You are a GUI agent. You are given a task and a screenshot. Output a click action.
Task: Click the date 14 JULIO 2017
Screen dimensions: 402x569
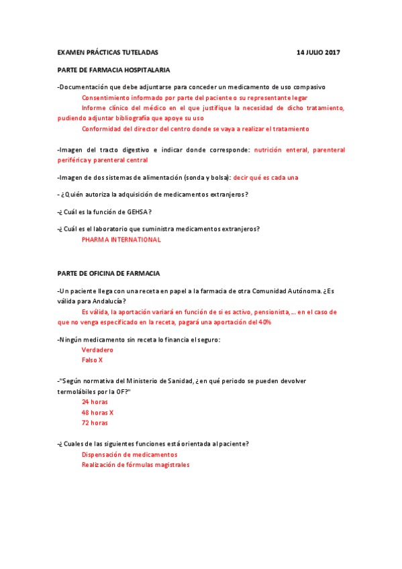[318, 52]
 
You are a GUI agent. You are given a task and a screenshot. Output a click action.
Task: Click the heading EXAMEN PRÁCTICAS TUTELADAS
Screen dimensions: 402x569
[108, 52]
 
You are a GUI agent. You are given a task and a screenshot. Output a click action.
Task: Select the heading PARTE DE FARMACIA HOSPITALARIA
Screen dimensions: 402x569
[113, 70]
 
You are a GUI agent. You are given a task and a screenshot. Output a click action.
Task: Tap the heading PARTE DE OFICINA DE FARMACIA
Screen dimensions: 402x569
[109, 274]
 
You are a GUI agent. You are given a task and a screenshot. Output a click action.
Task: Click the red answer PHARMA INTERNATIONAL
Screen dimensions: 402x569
[121, 240]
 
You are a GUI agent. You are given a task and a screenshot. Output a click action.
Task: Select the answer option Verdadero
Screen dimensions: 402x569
[97, 350]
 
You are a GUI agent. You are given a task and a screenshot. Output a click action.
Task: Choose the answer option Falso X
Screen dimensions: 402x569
[92, 360]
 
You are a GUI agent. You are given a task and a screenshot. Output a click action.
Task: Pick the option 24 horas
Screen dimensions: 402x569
[95, 402]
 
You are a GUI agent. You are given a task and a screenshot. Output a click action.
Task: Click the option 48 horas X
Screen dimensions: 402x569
[97, 412]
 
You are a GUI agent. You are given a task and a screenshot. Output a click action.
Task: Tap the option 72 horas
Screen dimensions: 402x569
[95, 423]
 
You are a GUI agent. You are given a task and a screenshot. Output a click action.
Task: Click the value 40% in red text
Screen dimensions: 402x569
[264, 323]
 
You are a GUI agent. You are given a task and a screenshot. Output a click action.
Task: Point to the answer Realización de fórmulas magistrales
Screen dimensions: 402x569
[136, 464]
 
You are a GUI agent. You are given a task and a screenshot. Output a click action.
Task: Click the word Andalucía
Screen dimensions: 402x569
[103, 301]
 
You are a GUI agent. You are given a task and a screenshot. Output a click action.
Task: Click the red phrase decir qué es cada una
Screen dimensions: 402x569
[266, 177]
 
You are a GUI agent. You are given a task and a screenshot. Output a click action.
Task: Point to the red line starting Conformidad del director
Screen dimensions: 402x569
[195, 129]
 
